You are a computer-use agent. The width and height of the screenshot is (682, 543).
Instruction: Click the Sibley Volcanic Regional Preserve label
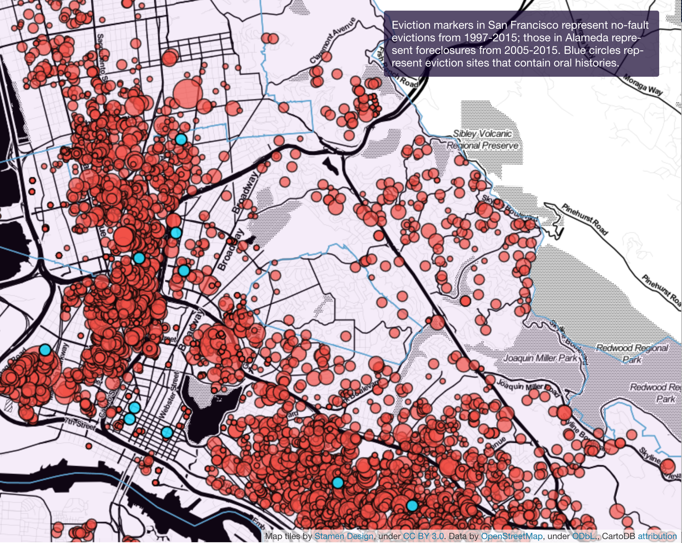[x=483, y=140]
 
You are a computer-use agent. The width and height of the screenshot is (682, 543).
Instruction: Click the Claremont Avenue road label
[x=333, y=40]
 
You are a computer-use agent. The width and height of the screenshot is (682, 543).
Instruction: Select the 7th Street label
[x=80, y=424]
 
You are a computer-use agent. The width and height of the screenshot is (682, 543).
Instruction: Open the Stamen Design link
[x=344, y=536]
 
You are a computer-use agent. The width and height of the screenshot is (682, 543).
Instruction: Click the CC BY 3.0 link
[x=423, y=536]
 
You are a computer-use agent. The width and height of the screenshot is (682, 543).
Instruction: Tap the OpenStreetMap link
[x=512, y=536]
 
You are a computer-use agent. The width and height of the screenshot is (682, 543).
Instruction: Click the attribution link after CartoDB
[x=657, y=536]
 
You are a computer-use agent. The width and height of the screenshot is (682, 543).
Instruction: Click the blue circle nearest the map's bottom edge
[x=412, y=506]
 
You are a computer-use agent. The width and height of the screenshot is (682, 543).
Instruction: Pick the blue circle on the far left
[x=45, y=349]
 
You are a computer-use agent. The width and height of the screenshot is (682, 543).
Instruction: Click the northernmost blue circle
[x=181, y=139]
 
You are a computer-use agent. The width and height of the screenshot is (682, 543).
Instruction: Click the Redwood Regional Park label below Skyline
[x=632, y=353]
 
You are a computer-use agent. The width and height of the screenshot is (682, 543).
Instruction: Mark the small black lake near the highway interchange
[x=331, y=166]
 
